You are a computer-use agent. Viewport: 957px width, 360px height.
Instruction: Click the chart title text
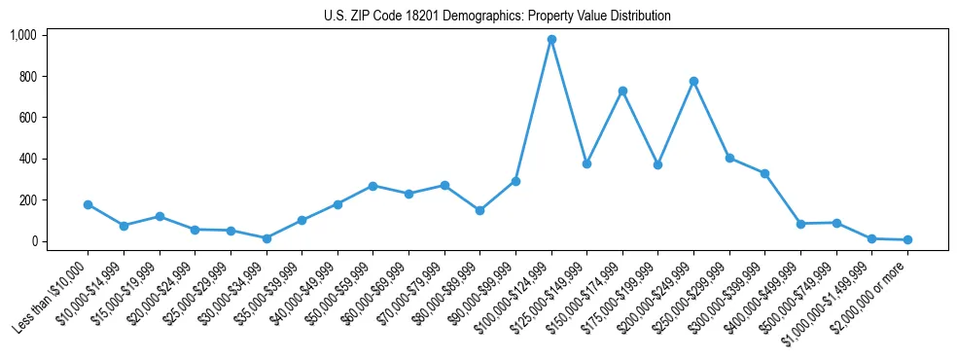click(x=497, y=17)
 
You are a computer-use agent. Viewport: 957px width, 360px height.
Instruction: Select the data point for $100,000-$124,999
click(x=551, y=40)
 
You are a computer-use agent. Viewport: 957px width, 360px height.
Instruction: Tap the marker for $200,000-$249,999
click(x=693, y=81)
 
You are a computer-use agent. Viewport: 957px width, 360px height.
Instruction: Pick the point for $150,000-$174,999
click(x=622, y=90)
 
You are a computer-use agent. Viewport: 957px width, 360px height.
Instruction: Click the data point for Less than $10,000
click(x=88, y=204)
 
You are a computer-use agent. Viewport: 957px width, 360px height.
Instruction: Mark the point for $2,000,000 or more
click(x=907, y=239)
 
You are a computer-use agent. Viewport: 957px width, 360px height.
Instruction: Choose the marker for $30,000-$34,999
click(x=266, y=238)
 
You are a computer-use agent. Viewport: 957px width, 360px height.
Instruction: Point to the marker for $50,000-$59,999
click(x=372, y=186)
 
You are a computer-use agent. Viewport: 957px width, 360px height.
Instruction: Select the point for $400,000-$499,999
click(x=800, y=224)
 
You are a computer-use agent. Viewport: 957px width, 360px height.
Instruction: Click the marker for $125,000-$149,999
click(x=586, y=163)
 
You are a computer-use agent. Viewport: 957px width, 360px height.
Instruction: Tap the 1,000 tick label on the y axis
click(x=22, y=35)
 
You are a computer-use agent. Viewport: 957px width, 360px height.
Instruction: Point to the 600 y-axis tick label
click(x=27, y=118)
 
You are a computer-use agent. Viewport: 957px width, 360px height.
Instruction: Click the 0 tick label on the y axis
click(x=33, y=241)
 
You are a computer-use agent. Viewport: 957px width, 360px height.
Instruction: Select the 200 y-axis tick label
click(x=27, y=200)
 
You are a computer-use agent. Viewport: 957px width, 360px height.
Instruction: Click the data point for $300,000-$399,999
click(x=765, y=173)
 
